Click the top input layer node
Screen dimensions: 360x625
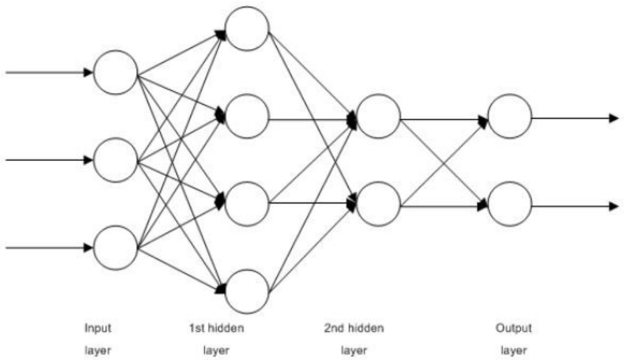coord(115,72)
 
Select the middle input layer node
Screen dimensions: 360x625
coord(115,160)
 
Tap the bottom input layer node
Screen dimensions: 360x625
coord(115,248)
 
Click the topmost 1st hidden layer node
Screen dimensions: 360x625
coord(247,28)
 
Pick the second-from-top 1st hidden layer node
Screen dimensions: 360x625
coord(247,116)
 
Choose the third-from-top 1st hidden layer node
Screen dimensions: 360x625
coord(247,203)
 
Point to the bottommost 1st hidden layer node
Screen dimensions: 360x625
coord(247,291)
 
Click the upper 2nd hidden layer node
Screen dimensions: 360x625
coord(378,116)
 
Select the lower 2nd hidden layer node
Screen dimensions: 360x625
coord(378,203)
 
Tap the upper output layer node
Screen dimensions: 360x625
coord(509,116)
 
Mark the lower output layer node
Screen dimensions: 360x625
coord(509,203)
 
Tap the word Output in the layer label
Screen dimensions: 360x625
coord(514,327)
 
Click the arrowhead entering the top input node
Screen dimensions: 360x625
coord(88,72)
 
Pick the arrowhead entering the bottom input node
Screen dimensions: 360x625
coord(88,248)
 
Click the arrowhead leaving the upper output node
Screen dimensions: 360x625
coord(614,117)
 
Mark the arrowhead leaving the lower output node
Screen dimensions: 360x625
coord(614,204)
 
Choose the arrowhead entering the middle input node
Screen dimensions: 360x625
coord(88,160)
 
